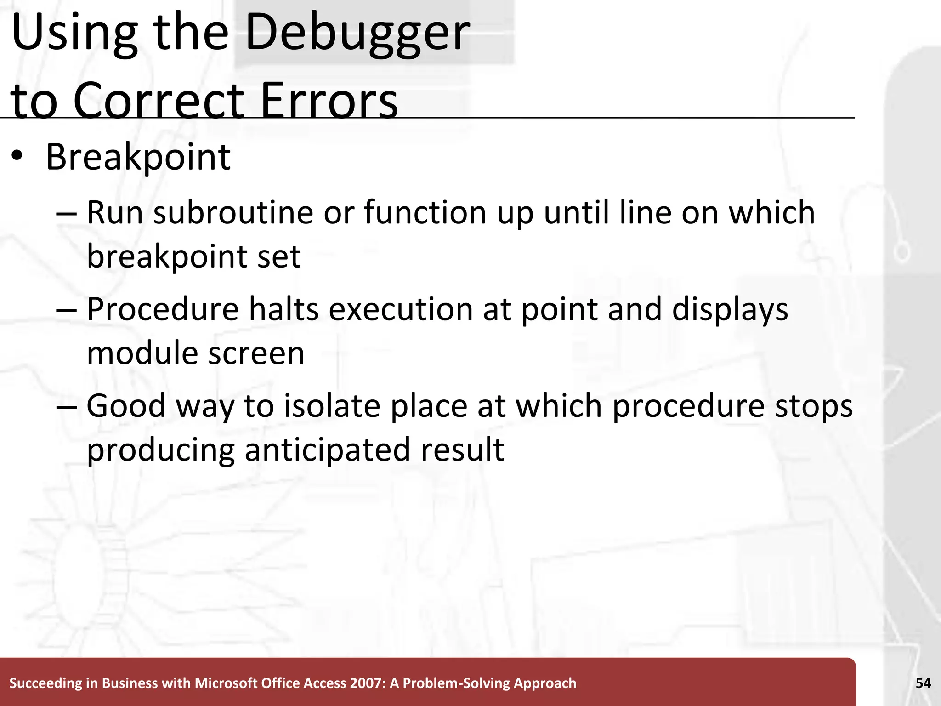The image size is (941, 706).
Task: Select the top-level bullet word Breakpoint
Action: (138, 157)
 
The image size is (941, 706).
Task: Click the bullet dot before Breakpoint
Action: (17, 156)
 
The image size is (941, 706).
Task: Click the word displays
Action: (730, 310)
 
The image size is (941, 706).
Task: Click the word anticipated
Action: (327, 450)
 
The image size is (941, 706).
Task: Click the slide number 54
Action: (923, 683)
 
